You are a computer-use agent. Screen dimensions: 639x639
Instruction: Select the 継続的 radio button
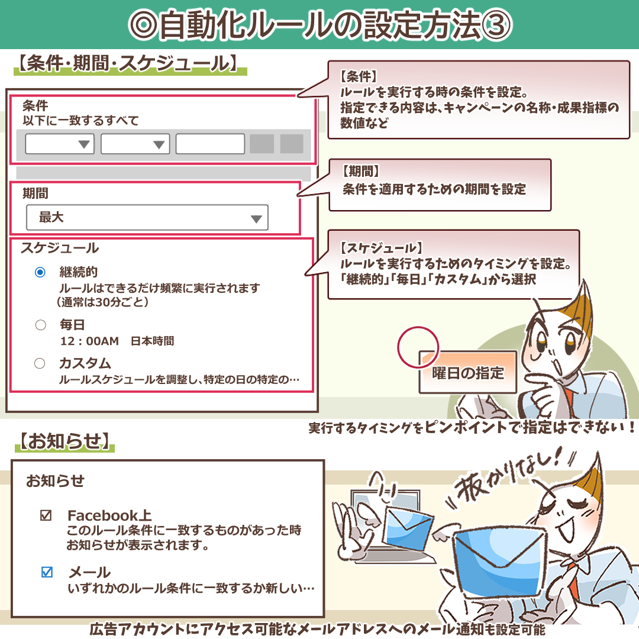(40, 272)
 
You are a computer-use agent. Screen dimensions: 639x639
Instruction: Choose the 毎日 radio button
(40, 325)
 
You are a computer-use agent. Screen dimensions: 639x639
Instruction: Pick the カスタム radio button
(40, 363)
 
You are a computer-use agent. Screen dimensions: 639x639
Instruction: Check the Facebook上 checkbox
(46, 515)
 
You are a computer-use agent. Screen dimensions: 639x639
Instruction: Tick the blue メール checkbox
(47, 572)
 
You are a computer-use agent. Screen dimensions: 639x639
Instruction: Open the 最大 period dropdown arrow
(256, 218)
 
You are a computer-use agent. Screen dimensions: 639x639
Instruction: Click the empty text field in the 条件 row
(210, 144)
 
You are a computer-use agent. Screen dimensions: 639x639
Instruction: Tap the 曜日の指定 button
(467, 373)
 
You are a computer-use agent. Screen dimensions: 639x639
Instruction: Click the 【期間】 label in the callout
(360, 172)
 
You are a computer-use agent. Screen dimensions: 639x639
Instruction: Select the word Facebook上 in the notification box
(110, 515)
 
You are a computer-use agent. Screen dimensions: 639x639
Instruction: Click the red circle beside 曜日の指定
(418, 345)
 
